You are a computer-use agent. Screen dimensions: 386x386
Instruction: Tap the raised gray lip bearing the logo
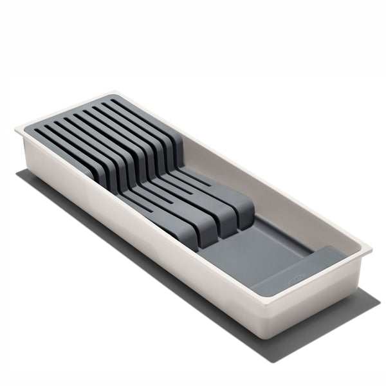[x=309, y=264]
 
